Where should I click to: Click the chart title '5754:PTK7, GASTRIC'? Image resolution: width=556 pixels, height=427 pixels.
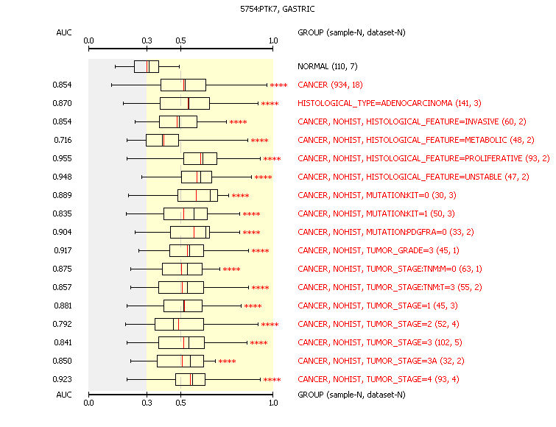tap(278, 10)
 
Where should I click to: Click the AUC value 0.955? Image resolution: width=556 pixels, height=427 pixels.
tap(62, 158)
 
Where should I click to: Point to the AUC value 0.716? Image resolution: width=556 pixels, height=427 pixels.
tap(63, 140)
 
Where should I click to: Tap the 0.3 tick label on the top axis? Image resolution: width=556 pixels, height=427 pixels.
tap(147, 40)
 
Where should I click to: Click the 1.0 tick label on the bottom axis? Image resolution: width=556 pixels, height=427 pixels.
tap(273, 403)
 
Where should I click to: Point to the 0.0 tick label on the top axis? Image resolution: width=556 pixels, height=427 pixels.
tap(88, 40)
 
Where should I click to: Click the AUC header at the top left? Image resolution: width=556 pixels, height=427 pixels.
tap(64, 32)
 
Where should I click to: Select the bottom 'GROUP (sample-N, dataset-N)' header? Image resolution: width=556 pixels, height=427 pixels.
tap(351, 395)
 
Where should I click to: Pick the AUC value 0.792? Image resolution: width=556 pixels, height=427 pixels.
tap(62, 324)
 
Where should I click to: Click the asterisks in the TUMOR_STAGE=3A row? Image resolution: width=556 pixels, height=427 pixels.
tap(228, 361)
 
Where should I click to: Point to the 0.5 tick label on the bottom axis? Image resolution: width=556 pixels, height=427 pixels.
tap(181, 403)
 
